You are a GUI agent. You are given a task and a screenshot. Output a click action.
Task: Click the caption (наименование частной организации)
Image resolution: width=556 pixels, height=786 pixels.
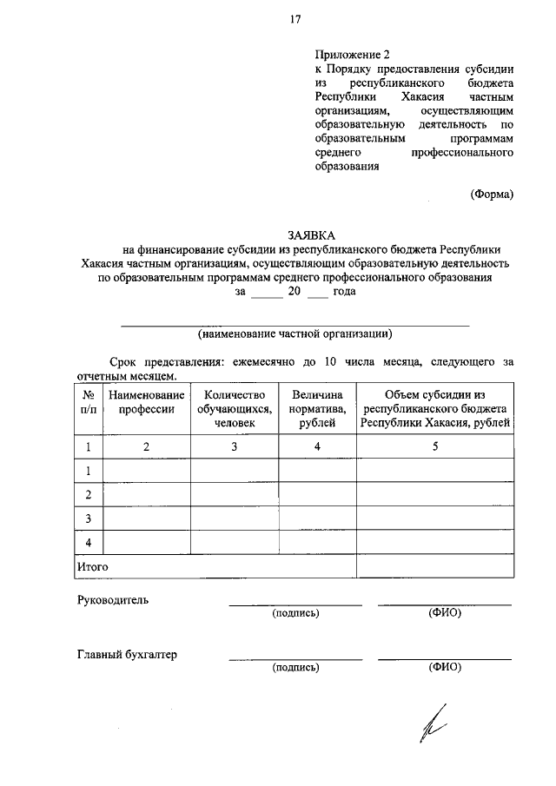(295, 334)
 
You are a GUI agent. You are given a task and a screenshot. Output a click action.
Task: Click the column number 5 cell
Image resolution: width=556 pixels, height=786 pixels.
(435, 446)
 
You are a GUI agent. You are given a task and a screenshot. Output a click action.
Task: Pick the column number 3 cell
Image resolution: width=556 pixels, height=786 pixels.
(235, 446)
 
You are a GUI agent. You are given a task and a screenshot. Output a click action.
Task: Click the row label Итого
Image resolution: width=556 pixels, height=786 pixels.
(91, 566)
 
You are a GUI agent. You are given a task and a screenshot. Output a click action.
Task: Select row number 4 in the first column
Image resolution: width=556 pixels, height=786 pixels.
(88, 543)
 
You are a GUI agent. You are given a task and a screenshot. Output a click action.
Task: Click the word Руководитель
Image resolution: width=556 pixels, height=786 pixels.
(114, 600)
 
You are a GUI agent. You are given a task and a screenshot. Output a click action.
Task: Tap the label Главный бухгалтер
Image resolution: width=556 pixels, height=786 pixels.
(127, 655)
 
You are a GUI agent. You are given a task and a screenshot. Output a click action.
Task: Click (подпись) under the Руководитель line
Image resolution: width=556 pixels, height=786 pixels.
(295, 613)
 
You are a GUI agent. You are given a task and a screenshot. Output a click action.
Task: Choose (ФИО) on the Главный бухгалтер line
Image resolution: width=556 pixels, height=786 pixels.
(445, 668)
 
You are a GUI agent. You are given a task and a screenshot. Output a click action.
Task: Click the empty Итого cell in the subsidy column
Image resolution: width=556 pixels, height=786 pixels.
(435, 566)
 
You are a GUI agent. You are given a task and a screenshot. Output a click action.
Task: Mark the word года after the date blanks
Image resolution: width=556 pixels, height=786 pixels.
(344, 293)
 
